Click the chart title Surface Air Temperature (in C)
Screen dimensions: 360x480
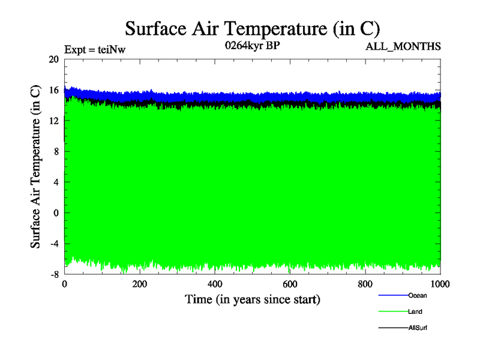(x=253, y=28)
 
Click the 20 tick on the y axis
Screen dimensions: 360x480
(x=53, y=59)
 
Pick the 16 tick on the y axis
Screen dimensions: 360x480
(x=53, y=90)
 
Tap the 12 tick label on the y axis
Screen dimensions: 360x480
(x=53, y=121)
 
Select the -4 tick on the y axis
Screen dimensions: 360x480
(x=53, y=244)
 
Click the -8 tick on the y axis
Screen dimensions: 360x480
(x=53, y=274)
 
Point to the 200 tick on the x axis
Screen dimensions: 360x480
(x=139, y=284)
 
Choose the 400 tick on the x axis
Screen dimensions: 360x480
(x=215, y=284)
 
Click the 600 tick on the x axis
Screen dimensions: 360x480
(x=290, y=284)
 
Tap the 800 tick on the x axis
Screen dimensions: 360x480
(x=365, y=284)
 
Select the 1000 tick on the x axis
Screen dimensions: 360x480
(x=440, y=284)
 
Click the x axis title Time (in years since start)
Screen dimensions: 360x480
(x=253, y=299)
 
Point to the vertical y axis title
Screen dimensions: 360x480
(x=37, y=167)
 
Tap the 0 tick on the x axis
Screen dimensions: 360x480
(x=64, y=284)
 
